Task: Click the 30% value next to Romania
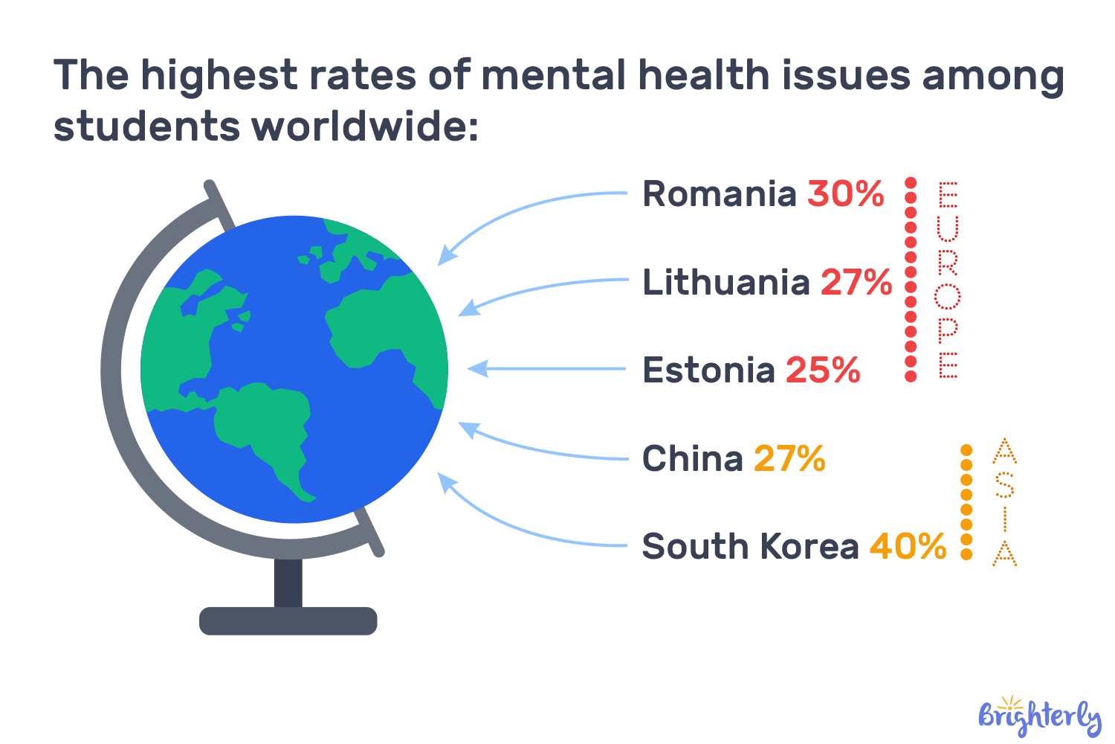(845, 194)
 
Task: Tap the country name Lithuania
(725, 283)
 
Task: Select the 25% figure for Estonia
(822, 371)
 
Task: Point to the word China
(692, 458)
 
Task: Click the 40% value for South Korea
(908, 546)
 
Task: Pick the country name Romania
(719, 194)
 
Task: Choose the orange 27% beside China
(789, 458)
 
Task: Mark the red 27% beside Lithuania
(856, 283)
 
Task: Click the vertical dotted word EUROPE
(948, 280)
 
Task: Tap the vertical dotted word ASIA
(1004, 502)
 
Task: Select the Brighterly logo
(1039, 716)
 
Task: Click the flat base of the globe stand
(288, 620)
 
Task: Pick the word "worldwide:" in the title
(364, 126)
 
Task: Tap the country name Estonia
(708, 371)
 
